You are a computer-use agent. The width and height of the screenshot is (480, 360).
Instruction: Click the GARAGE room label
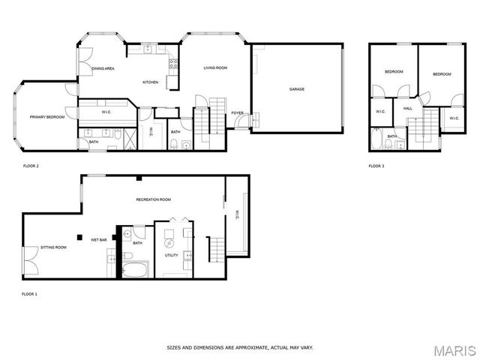tap(297, 89)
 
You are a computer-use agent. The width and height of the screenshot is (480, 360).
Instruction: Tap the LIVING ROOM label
tap(215, 68)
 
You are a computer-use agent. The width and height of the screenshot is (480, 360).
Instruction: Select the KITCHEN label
tap(151, 82)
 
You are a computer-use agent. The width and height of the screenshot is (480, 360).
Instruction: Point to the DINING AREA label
tap(103, 69)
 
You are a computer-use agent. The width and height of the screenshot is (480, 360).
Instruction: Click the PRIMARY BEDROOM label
tap(46, 117)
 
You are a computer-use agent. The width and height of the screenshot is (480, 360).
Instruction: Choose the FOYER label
tap(237, 113)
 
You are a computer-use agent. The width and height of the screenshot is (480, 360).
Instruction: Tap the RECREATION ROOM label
tap(154, 199)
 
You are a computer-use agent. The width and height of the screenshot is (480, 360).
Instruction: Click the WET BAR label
tap(99, 240)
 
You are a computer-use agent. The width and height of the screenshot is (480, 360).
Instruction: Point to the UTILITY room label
tap(172, 256)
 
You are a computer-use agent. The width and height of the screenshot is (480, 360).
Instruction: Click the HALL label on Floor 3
tap(408, 109)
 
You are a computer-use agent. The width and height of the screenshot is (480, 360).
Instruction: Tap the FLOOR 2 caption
tap(31, 166)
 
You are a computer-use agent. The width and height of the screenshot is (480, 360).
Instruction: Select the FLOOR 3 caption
tap(376, 166)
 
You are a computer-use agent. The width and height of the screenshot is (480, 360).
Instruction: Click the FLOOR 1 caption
tap(29, 294)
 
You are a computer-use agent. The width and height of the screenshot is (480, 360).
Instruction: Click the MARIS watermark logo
tap(454, 349)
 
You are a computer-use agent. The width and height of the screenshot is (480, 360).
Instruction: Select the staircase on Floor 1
tap(216, 249)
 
